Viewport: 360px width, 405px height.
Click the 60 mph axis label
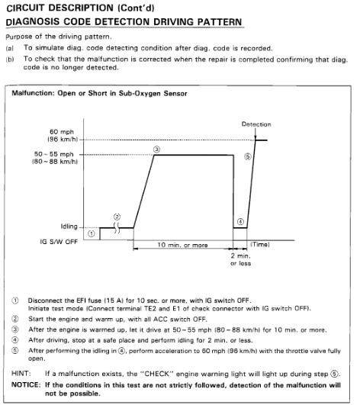point(59,135)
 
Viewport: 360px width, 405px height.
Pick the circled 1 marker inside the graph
point(92,233)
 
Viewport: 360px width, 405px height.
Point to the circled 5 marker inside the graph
point(247,156)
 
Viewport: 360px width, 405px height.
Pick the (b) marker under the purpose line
point(10,58)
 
